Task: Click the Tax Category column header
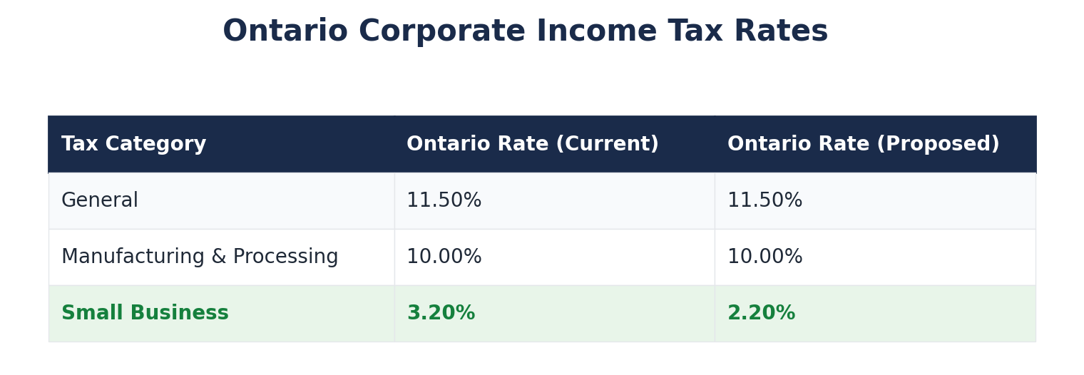coord(133,145)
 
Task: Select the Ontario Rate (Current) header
coord(532,145)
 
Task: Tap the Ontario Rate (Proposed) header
coord(863,145)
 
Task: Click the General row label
coord(100,201)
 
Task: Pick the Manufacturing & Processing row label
coord(200,257)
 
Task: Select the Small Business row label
coord(145,314)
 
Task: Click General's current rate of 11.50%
coord(444,201)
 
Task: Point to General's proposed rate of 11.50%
coord(765,201)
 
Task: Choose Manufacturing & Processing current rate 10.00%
coord(444,257)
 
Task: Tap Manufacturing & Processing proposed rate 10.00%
coord(765,257)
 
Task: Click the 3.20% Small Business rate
coord(441,314)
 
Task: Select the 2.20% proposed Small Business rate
coord(761,314)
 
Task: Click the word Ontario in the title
coord(285,32)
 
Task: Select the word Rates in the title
coord(781,32)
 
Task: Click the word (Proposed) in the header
coord(938,145)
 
